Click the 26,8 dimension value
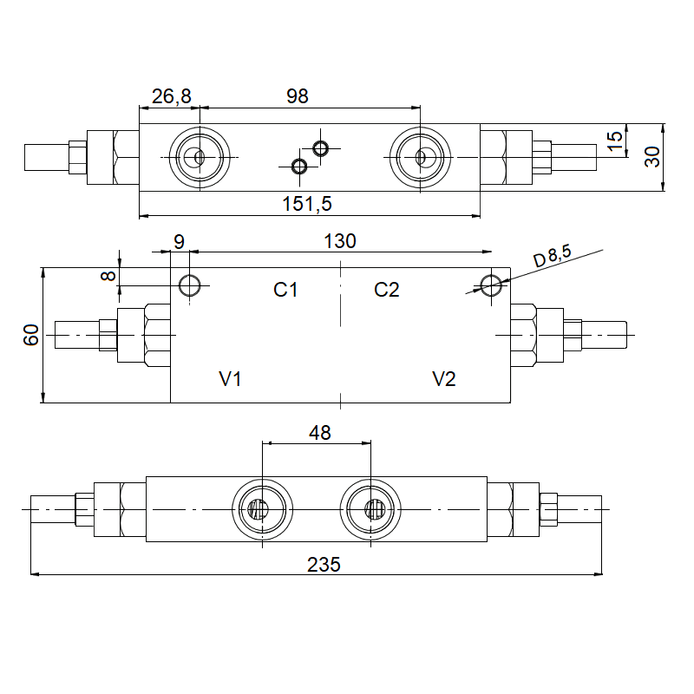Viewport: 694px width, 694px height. click(x=171, y=96)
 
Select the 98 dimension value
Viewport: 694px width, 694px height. click(x=298, y=96)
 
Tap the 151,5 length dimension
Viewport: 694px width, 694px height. click(x=308, y=203)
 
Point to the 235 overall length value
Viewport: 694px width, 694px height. click(x=324, y=564)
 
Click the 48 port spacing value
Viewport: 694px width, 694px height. click(x=319, y=432)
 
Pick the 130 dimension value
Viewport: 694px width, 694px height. click(x=339, y=241)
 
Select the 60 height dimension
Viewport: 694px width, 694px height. click(x=31, y=335)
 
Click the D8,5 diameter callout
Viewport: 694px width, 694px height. click(x=552, y=256)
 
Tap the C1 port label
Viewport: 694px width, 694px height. click(x=286, y=290)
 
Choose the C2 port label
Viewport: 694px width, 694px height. click(x=387, y=290)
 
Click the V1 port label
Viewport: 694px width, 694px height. click(x=230, y=379)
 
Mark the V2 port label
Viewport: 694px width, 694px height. click(x=443, y=379)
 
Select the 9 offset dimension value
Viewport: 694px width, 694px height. click(x=179, y=241)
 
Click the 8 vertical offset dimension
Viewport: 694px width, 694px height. click(x=108, y=275)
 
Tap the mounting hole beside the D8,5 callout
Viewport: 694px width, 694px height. click(x=492, y=285)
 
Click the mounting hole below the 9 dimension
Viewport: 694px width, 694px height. click(x=189, y=285)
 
